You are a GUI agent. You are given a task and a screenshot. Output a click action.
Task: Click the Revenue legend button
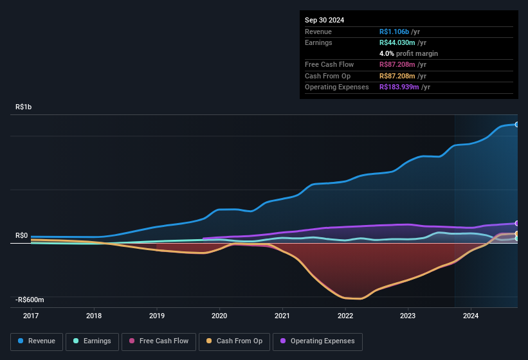coord(37,341)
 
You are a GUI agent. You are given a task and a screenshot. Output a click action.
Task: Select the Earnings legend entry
coord(92,341)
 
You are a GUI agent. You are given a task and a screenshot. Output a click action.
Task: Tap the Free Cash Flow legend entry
coord(159,341)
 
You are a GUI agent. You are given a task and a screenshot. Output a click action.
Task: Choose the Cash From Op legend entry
coord(234,341)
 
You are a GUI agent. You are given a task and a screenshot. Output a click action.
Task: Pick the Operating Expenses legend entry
coord(318,341)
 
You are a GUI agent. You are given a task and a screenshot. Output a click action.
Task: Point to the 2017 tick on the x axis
coord(32,316)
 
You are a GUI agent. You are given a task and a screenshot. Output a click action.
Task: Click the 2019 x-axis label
coord(157,316)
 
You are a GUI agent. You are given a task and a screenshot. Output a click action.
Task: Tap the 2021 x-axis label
coord(282,316)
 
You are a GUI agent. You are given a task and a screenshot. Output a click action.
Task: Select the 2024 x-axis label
coord(471,316)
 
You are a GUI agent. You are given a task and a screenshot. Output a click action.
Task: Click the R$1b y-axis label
coord(23,107)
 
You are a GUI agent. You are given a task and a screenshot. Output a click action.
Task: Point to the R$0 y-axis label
coord(21,236)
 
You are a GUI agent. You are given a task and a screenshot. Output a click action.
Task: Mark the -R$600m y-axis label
coord(31,300)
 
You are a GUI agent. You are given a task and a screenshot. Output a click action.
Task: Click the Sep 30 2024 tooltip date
coord(324,20)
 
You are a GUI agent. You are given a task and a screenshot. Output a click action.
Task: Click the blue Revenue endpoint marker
coord(517,124)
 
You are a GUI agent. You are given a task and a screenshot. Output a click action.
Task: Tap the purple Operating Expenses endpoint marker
coord(517,223)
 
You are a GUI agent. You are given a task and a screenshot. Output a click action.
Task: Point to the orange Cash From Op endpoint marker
coord(517,233)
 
